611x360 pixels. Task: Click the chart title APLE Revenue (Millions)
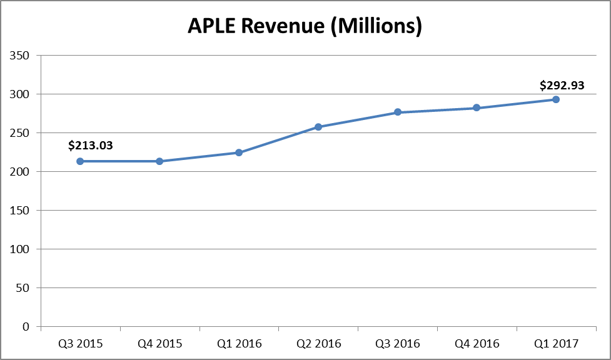coord(305,26)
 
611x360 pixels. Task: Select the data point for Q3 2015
coord(80,161)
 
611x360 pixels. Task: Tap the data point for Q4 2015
coord(159,161)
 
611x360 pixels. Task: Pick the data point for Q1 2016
coord(239,152)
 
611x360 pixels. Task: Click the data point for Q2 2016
coord(318,127)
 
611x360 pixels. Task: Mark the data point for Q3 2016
coord(397,112)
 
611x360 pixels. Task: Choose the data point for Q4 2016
coord(477,107)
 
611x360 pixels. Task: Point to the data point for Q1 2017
coord(556,99)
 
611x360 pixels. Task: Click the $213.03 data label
coord(90,146)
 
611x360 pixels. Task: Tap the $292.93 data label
coord(562,86)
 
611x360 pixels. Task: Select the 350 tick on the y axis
coord(21,56)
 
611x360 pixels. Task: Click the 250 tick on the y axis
coord(21,133)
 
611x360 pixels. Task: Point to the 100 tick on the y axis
coord(21,249)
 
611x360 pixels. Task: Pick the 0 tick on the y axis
coord(26,327)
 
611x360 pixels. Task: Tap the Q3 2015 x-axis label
coord(80,343)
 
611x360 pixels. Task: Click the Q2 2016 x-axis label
coord(318,343)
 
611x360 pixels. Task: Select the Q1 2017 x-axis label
coord(556,343)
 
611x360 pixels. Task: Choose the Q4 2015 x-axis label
coord(159,343)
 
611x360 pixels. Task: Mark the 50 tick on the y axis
coord(23,288)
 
